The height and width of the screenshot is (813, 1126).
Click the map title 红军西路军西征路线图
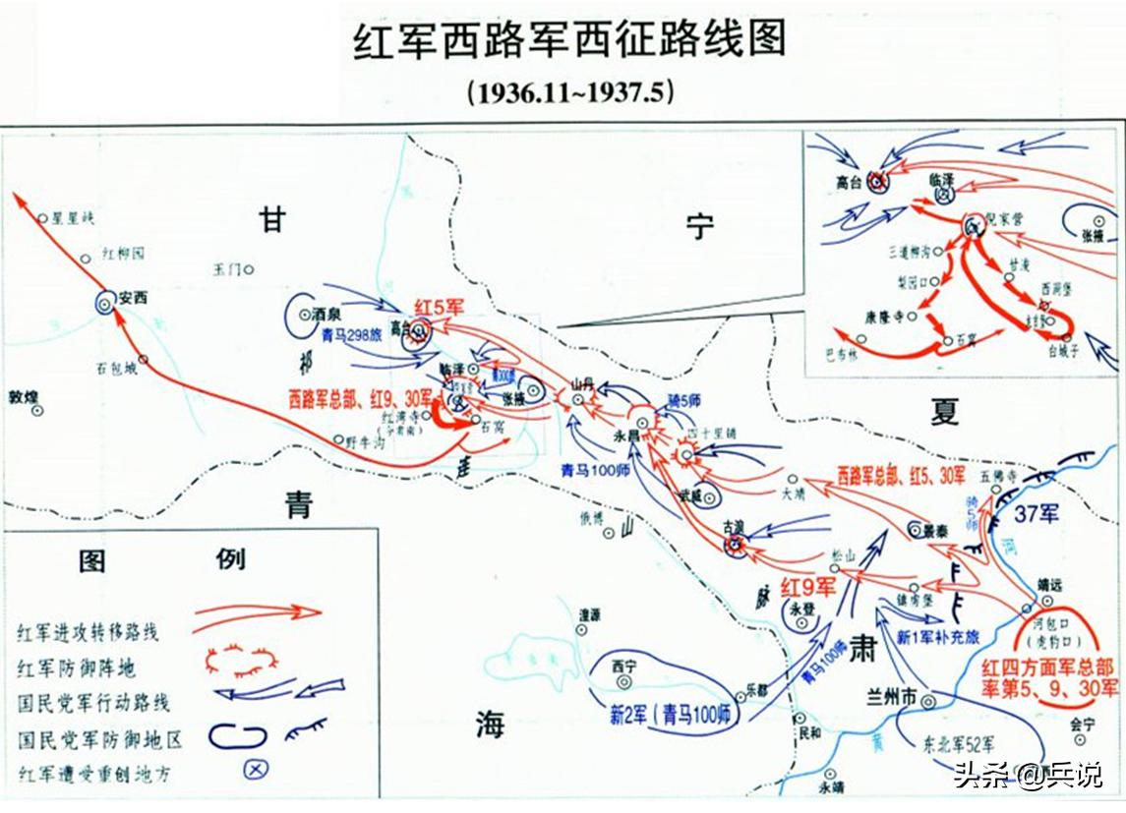click(569, 41)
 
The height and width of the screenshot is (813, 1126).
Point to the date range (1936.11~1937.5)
click(569, 92)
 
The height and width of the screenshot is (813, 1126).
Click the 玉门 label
click(227, 268)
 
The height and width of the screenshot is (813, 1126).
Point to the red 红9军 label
click(807, 587)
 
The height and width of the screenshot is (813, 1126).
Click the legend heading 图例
click(162, 560)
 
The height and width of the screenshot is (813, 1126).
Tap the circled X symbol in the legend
click(254, 770)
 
